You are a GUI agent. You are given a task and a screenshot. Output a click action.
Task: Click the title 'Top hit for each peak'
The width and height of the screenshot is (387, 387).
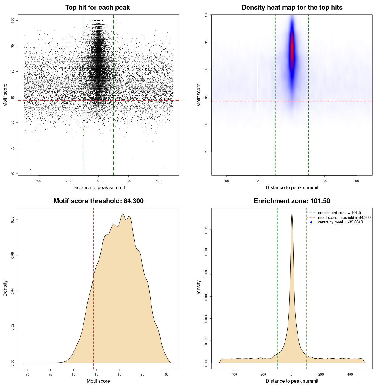(x=97, y=8)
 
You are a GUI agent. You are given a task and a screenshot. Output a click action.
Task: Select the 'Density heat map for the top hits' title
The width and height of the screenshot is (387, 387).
(x=292, y=8)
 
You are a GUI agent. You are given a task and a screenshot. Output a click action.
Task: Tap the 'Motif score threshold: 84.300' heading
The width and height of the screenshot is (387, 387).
(x=98, y=201)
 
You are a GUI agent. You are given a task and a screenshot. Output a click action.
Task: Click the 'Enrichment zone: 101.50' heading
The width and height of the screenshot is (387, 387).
(x=292, y=201)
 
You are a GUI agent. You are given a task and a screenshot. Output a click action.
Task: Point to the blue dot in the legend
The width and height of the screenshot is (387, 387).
(x=311, y=222)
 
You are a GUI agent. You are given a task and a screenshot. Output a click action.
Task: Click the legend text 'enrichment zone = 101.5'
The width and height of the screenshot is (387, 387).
(x=339, y=213)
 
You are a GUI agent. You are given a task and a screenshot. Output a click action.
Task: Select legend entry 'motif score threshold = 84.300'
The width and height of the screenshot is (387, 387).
(x=344, y=217)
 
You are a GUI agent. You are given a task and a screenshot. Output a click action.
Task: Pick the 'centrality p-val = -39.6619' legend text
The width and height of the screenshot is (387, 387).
(x=340, y=222)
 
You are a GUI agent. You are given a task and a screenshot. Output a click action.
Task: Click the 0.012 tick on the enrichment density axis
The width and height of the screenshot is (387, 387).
(x=206, y=230)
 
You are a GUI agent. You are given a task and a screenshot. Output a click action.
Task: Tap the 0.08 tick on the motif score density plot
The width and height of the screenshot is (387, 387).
(x=13, y=220)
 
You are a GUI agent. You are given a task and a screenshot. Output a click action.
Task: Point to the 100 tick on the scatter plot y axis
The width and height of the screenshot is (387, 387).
(x=13, y=20)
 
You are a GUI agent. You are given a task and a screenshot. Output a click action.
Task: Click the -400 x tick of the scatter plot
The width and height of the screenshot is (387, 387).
(x=38, y=181)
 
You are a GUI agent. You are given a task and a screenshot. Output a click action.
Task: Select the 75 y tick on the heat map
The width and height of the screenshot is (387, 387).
(x=206, y=152)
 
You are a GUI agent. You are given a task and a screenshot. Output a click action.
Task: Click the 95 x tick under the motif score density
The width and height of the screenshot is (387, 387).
(x=143, y=374)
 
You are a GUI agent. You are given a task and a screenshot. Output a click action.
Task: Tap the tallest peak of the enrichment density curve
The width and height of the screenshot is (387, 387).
(x=292, y=214)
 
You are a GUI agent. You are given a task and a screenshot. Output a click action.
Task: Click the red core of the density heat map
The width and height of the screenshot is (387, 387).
(x=292, y=48)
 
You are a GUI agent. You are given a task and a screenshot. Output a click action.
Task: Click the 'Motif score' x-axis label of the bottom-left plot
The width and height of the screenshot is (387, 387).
(x=98, y=381)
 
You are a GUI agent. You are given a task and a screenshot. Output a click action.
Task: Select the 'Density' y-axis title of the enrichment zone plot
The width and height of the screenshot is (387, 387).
(x=199, y=288)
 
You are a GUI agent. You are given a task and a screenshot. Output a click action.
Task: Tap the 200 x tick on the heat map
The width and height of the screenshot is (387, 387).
(x=324, y=181)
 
